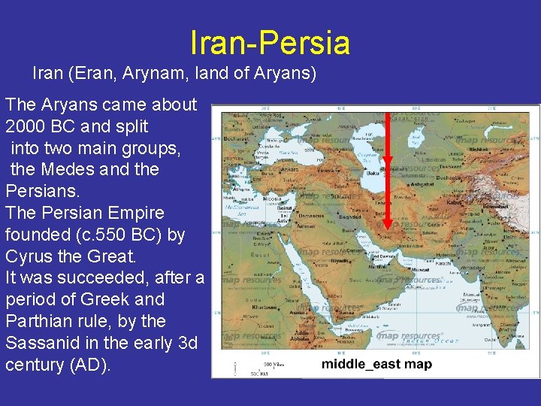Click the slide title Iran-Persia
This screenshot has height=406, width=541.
click(x=270, y=43)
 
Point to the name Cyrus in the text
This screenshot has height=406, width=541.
click(x=29, y=256)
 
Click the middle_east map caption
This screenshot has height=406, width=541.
click(x=376, y=365)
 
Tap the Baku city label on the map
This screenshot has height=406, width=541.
click(x=370, y=173)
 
